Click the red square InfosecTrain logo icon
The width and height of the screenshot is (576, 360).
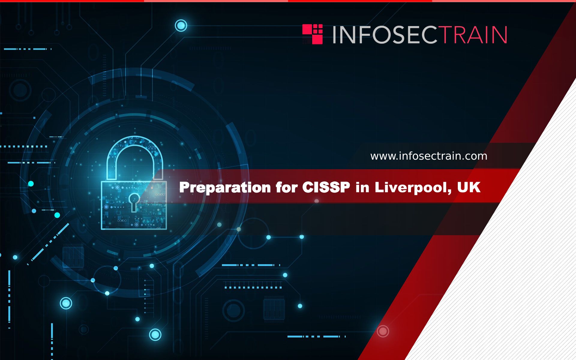[313, 34]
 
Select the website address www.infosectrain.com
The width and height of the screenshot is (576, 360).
[429, 156]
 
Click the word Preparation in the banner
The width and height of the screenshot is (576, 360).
[225, 188]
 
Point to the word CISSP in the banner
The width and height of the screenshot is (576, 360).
[326, 187]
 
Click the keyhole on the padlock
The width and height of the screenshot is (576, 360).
[134, 202]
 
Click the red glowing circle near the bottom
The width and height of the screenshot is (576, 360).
[383, 331]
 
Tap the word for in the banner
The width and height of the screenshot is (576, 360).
[286, 187]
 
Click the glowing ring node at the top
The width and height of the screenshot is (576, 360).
[181, 25]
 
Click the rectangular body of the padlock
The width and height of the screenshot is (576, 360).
[134, 205]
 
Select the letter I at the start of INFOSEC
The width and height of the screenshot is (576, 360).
[334, 35]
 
